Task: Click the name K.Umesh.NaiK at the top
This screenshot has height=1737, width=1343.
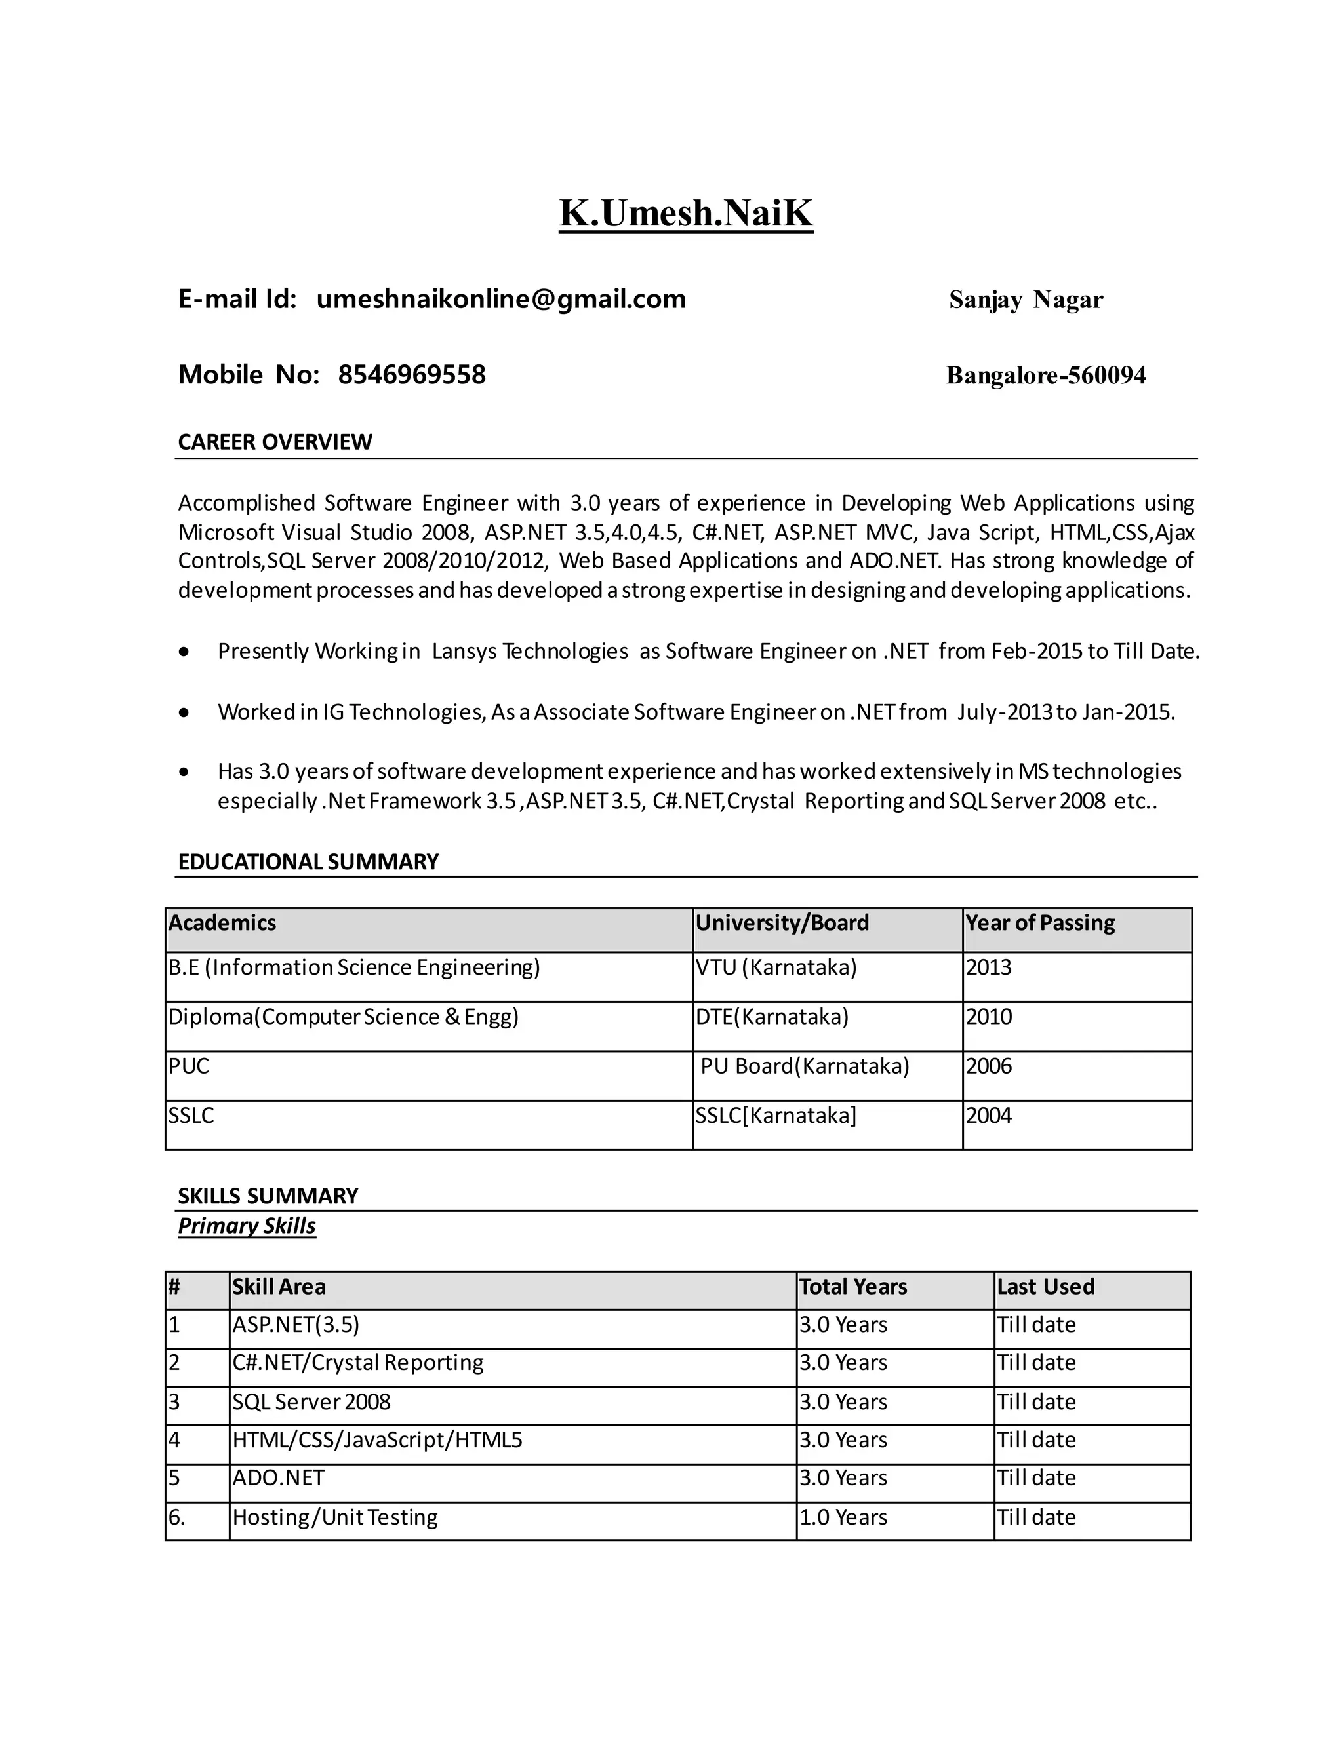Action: pyautogui.click(x=686, y=213)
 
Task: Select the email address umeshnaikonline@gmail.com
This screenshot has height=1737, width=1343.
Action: pyautogui.click(x=500, y=299)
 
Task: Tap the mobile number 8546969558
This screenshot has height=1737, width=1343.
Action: pyautogui.click(x=411, y=374)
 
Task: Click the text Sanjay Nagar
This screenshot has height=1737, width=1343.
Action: pyautogui.click(x=1026, y=300)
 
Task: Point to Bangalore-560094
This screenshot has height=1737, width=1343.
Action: pyautogui.click(x=1045, y=376)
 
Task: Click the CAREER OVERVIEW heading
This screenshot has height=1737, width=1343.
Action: pyautogui.click(x=275, y=442)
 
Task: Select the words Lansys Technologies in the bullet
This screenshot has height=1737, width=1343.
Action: pyautogui.click(x=530, y=652)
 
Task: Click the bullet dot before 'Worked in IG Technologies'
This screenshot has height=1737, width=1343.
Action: pyautogui.click(x=184, y=712)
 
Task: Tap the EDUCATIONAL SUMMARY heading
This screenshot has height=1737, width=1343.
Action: pyautogui.click(x=308, y=862)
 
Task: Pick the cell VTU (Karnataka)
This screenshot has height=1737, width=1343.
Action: pyautogui.click(x=776, y=968)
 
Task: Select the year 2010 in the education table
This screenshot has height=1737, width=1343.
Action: pyautogui.click(x=989, y=1017)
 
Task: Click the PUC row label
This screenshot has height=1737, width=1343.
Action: pyautogui.click(x=189, y=1066)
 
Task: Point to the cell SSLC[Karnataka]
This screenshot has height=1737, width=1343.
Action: pyautogui.click(x=776, y=1116)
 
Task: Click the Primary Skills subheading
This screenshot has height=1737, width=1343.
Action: pyautogui.click(x=247, y=1226)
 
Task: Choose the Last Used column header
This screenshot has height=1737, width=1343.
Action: pyautogui.click(x=1045, y=1287)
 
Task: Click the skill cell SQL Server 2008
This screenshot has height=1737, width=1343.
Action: pyautogui.click(x=311, y=1402)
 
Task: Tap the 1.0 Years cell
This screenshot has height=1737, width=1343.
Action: pyautogui.click(x=843, y=1517)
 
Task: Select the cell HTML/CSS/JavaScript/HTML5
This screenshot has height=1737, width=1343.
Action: pyautogui.click(x=377, y=1440)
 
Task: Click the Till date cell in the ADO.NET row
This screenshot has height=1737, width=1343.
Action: pyautogui.click(x=1036, y=1479)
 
